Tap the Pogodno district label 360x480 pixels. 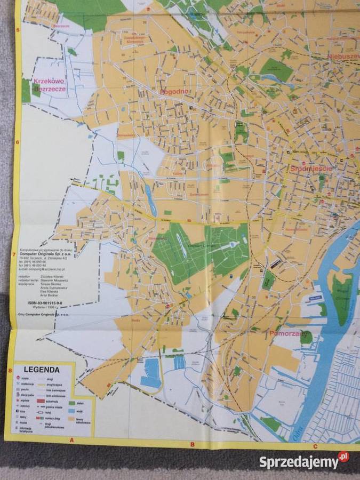tap(174, 91)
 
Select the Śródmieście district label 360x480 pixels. tap(312, 169)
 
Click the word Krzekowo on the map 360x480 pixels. tap(49, 82)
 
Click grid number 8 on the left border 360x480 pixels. tap(10, 371)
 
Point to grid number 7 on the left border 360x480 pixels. tap(14, 254)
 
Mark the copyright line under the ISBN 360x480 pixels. tap(48, 315)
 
